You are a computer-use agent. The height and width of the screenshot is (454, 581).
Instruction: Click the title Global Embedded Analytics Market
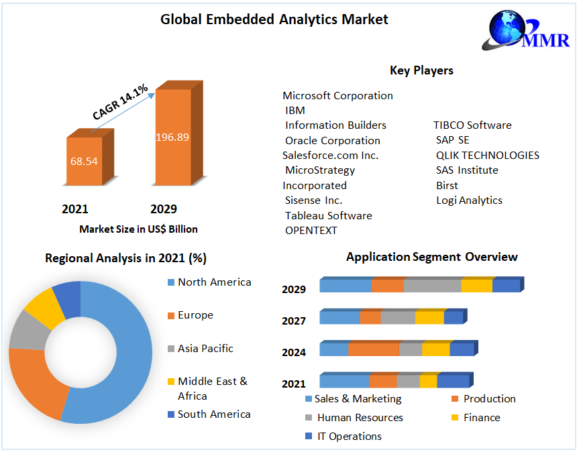pyautogui.click(x=274, y=19)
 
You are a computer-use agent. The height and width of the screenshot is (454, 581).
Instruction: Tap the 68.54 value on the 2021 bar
pyautogui.click(x=84, y=162)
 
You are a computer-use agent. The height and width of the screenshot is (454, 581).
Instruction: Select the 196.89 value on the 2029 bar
pyautogui.click(x=172, y=137)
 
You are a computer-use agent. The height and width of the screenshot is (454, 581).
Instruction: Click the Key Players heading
pyautogui.click(x=421, y=70)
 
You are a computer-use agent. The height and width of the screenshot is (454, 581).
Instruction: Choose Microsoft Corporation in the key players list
pyautogui.click(x=337, y=95)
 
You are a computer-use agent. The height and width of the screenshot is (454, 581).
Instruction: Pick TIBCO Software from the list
pyautogui.click(x=472, y=125)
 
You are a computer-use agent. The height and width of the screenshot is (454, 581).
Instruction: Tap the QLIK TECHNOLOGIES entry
pyautogui.click(x=487, y=155)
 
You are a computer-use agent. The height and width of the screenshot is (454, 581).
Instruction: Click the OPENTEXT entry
pyautogui.click(x=311, y=230)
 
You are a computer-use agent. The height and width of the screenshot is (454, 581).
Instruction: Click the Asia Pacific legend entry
pyautogui.click(x=205, y=348)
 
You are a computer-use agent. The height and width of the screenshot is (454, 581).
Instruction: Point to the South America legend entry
pyautogui.click(x=213, y=414)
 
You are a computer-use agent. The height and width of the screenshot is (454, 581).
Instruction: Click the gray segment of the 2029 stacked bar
pyautogui.click(x=432, y=286)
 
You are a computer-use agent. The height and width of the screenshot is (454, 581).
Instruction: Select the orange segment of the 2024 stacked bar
pyautogui.click(x=374, y=349)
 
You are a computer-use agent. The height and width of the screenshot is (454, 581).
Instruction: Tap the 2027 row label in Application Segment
pyautogui.click(x=294, y=321)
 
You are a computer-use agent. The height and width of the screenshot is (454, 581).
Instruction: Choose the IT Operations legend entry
pyautogui.click(x=348, y=436)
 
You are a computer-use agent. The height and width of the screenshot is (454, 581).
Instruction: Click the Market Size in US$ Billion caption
pyautogui.click(x=138, y=229)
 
